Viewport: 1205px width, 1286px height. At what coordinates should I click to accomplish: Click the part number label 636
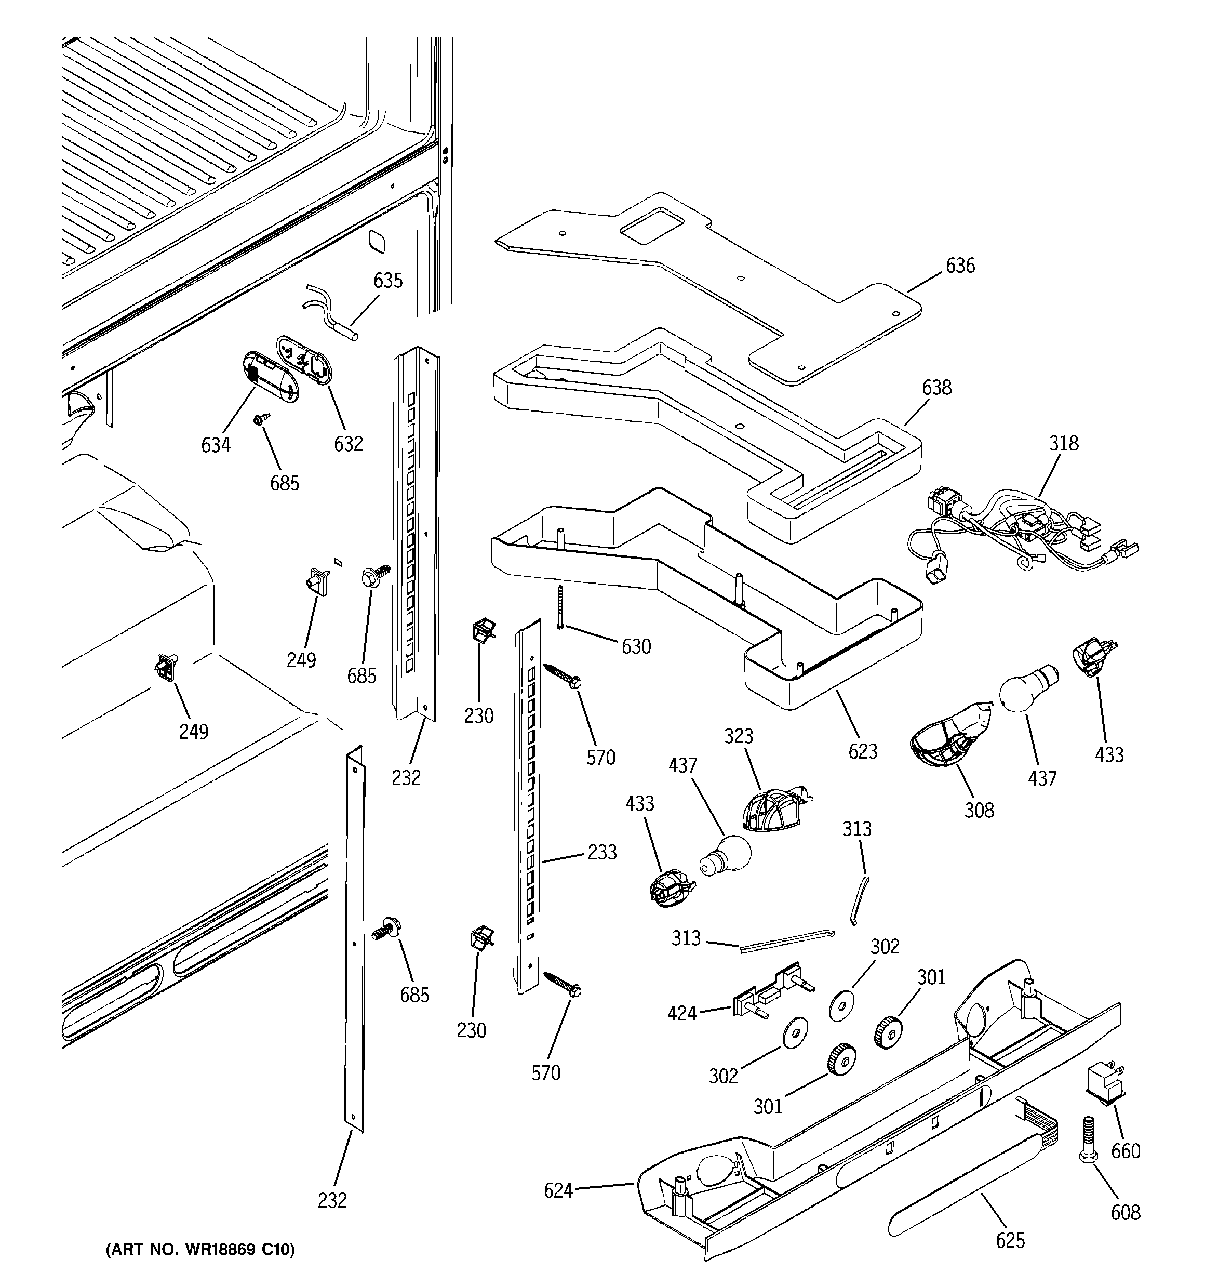pos(960,266)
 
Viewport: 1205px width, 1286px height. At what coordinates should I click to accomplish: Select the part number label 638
pos(936,388)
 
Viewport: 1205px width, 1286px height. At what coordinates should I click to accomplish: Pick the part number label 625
pos(1010,1240)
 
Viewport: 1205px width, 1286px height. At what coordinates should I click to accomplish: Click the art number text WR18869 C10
pos(200,1250)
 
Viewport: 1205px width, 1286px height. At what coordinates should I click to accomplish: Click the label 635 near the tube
pos(388,281)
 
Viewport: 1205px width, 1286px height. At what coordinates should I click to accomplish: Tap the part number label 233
pos(601,852)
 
